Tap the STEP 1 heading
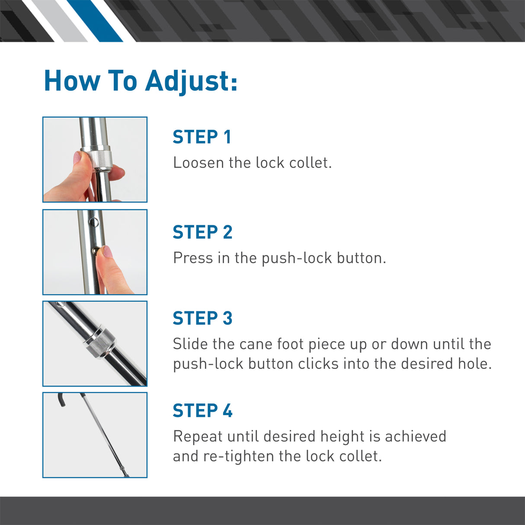pyautogui.click(x=202, y=137)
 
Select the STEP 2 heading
pyautogui.click(x=202, y=232)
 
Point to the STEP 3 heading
pyautogui.click(x=202, y=318)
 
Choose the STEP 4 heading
pyautogui.click(x=202, y=411)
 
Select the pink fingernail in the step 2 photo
pyautogui.click(x=106, y=251)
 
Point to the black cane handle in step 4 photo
pyautogui.click(x=61, y=400)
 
